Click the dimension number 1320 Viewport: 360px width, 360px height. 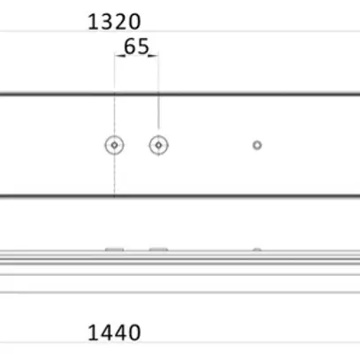(115, 22)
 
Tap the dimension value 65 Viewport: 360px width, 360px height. (136, 47)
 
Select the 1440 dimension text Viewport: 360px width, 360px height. (115, 333)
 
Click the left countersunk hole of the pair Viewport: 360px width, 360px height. (114, 145)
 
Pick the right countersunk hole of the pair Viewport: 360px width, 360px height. (158, 145)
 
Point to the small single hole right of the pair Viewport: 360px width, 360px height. (257, 145)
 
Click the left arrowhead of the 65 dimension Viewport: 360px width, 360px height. (118, 56)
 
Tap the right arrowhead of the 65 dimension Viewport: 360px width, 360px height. (155, 56)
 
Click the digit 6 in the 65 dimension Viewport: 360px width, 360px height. (129, 47)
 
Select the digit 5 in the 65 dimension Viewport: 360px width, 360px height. (142, 47)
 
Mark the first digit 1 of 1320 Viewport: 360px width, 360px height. (94, 22)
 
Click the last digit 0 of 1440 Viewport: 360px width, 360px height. (134, 333)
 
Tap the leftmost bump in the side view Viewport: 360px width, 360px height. (114, 249)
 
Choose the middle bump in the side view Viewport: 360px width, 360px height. (158, 249)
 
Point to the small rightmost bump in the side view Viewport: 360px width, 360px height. (257, 250)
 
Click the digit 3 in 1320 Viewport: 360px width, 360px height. (108, 22)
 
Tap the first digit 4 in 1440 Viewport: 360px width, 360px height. (108, 333)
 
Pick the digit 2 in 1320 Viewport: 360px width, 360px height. (121, 22)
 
